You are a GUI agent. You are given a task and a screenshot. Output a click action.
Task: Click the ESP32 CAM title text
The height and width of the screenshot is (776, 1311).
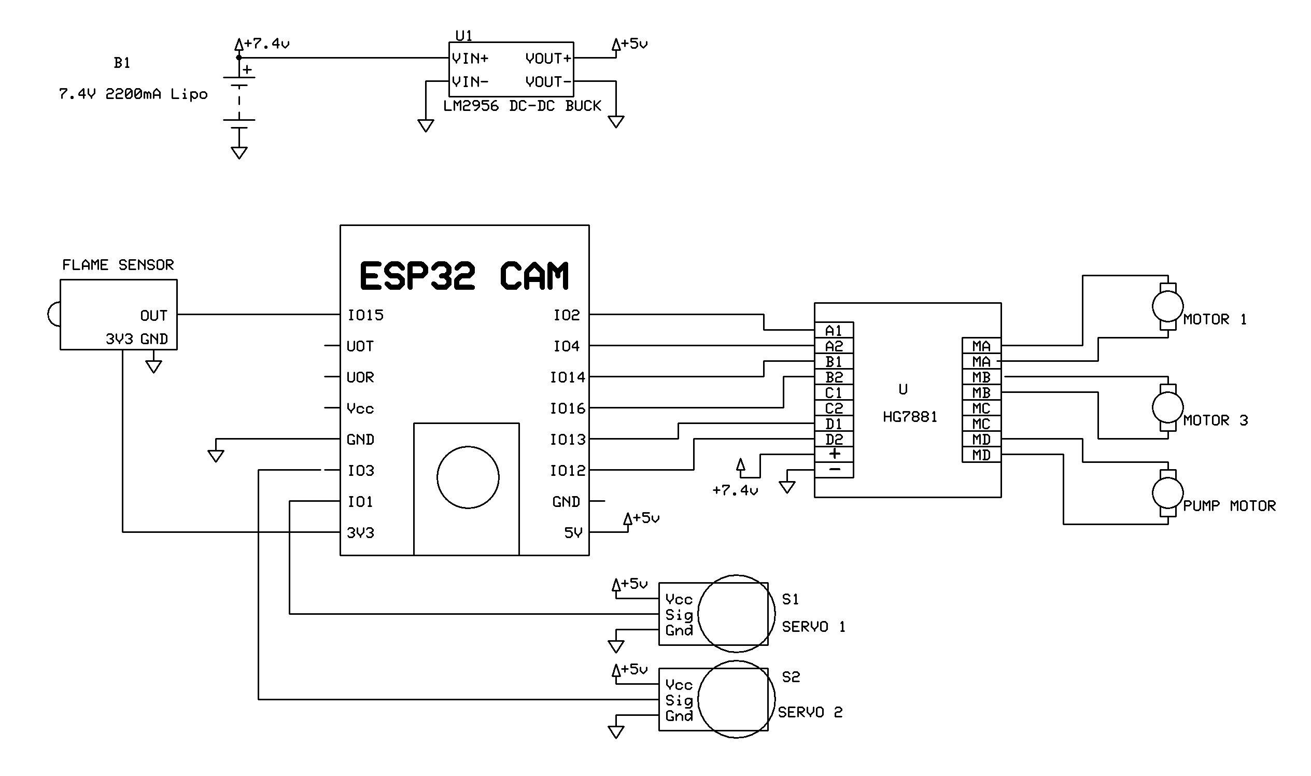[464, 276]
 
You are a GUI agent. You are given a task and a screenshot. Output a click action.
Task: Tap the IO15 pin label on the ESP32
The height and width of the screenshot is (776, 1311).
[365, 315]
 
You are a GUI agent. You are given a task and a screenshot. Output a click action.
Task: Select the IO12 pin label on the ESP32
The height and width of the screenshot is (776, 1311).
[568, 471]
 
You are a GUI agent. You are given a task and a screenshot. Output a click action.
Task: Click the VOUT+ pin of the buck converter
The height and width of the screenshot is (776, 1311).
[548, 59]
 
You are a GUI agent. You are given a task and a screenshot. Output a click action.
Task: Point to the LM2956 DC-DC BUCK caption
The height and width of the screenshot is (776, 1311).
[522, 106]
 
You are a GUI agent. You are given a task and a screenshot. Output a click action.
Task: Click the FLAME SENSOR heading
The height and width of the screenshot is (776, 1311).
[118, 265]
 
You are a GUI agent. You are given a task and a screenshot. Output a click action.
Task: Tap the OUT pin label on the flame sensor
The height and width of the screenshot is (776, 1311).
[154, 316]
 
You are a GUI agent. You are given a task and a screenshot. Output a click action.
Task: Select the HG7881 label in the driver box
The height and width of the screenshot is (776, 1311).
[909, 417]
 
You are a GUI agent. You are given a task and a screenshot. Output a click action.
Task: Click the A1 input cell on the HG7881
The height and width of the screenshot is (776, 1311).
[834, 331]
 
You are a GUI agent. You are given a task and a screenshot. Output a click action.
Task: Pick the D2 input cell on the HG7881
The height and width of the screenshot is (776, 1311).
[834, 439]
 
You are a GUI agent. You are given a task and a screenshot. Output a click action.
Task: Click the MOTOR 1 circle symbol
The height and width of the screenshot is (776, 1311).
[1167, 306]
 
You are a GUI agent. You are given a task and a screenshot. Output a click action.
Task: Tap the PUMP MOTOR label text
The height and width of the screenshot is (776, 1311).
[1229, 506]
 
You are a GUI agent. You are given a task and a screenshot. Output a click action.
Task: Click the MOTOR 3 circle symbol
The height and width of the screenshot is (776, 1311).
[1167, 407]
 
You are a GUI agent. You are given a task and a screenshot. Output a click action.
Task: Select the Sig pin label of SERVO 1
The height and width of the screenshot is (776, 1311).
[679, 615]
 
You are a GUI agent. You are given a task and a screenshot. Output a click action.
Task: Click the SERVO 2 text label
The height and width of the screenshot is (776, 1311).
[810, 712]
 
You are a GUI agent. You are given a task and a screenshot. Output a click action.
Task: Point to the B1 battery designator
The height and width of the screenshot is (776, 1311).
[122, 63]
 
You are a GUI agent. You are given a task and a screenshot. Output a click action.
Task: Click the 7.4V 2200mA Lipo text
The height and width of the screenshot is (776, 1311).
[133, 95]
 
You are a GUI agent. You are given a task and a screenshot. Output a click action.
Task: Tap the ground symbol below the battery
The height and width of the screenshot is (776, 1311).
[239, 152]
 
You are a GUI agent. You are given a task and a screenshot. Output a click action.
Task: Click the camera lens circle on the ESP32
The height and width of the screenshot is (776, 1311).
[468, 477]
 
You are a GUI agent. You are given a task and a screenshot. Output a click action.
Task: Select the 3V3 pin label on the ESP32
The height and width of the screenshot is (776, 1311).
[360, 533]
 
